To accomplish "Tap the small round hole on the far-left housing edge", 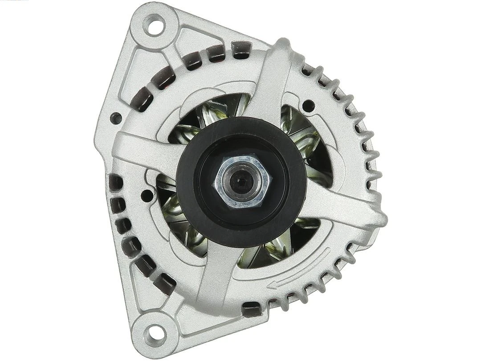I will click(x=116, y=118).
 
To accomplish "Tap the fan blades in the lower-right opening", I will click(x=276, y=245).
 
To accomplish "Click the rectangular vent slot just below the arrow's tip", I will click(x=252, y=307).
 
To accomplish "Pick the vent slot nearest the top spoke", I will click(x=241, y=50).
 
